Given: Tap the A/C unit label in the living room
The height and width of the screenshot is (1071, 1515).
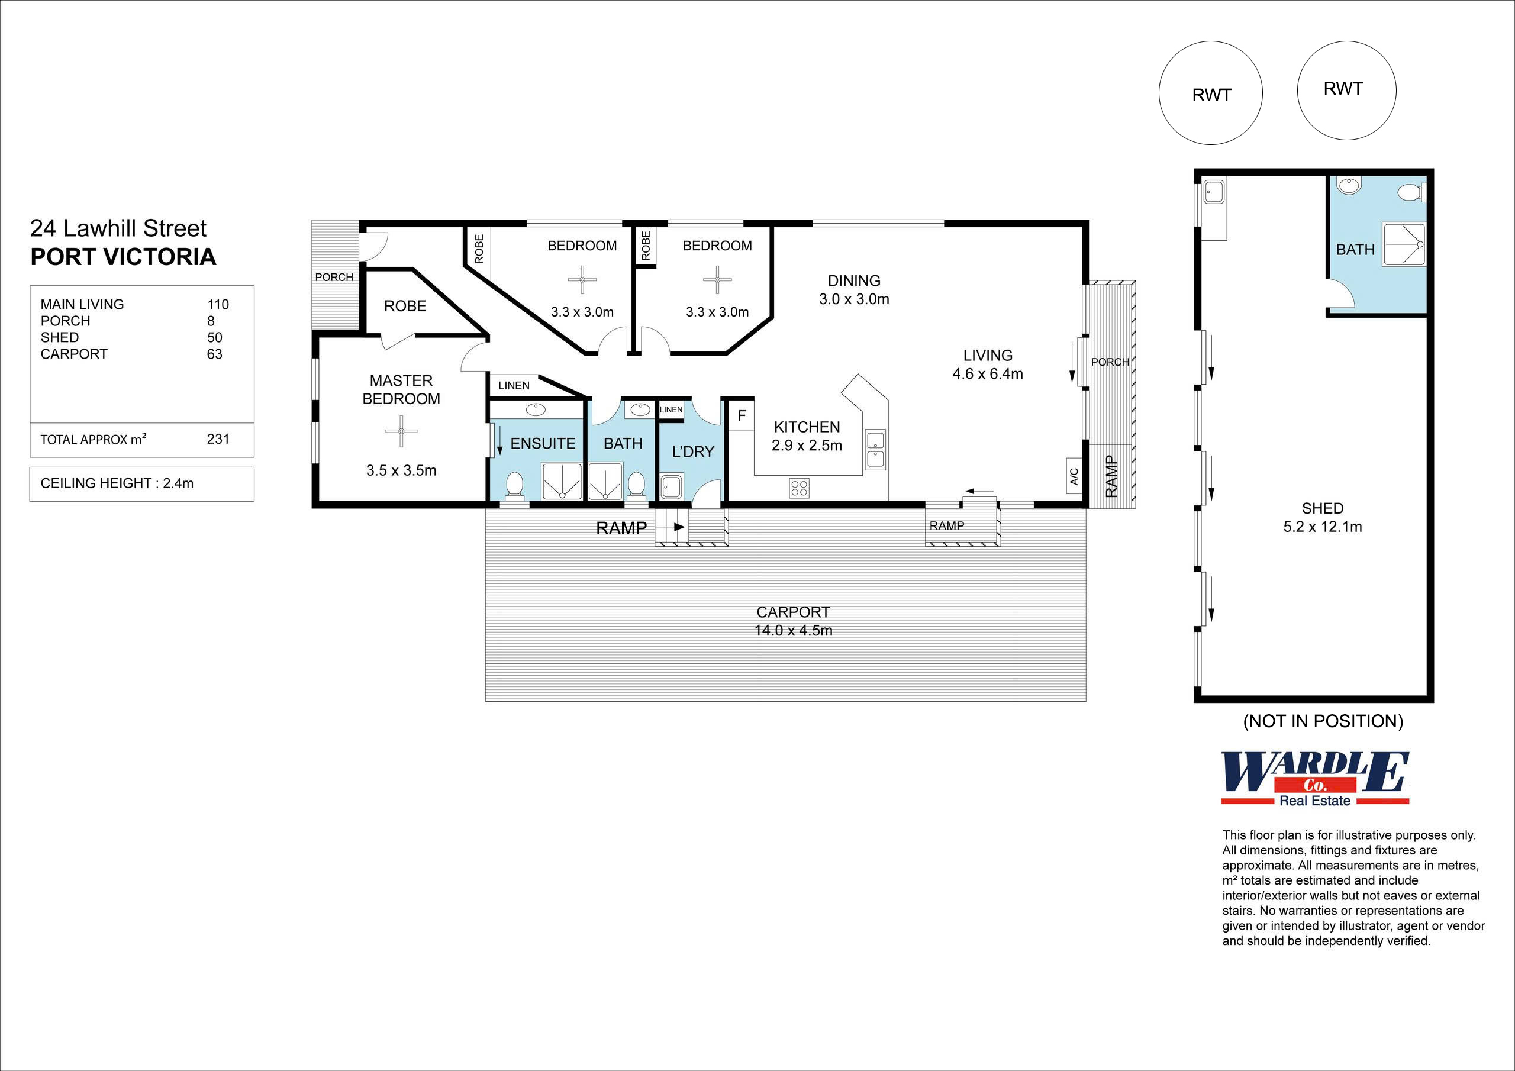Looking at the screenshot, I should [x=1074, y=475].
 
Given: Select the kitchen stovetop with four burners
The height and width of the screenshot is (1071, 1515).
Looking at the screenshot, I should [x=799, y=488].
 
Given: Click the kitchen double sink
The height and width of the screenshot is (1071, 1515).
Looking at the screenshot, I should [x=876, y=449].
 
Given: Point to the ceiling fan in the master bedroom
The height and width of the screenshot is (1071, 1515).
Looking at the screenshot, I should [x=401, y=431].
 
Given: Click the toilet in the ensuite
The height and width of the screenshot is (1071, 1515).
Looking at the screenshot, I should [x=514, y=486].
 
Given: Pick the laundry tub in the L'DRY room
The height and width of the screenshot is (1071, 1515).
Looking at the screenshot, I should [x=672, y=487].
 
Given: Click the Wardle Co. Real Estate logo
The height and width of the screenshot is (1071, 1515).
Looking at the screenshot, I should [x=1314, y=779].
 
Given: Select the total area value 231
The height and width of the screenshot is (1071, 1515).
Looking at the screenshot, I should [x=218, y=439].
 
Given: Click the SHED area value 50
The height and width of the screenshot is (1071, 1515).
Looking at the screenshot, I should [x=214, y=337].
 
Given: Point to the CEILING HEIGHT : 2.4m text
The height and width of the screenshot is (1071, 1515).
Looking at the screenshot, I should [x=117, y=483].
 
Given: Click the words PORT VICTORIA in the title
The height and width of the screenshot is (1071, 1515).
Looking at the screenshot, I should [x=124, y=257].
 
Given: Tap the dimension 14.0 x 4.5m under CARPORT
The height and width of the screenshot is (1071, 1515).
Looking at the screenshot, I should [x=793, y=630].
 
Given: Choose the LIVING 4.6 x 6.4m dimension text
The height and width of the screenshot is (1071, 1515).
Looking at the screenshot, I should [x=987, y=373].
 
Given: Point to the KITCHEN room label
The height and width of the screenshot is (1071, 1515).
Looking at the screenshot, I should [x=807, y=427].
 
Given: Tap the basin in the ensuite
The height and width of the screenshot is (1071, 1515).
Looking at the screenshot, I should [x=536, y=410].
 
